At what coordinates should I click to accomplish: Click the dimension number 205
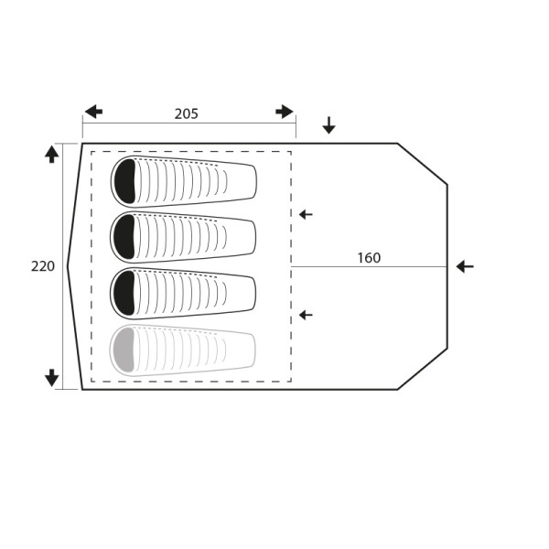(x=187, y=113)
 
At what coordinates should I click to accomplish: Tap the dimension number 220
(x=43, y=266)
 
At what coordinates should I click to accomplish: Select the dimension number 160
(x=369, y=258)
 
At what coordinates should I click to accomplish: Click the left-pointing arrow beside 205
(x=93, y=112)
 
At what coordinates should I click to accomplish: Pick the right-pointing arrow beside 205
(x=285, y=112)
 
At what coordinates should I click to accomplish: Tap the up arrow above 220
(x=52, y=155)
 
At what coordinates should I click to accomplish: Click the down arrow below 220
(x=52, y=378)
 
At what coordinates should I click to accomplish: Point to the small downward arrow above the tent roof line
(x=328, y=125)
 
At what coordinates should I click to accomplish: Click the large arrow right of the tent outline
(x=465, y=267)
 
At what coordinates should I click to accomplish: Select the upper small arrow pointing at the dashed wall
(x=306, y=214)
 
